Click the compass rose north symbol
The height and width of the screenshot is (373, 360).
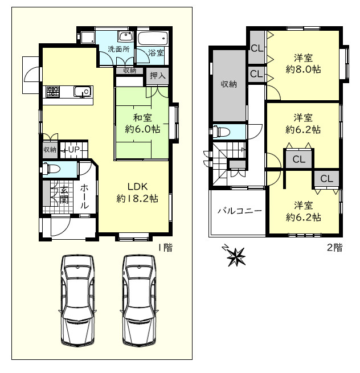coord(235,256)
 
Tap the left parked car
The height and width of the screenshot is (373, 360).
coord(77,301)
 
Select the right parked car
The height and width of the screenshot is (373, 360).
coord(139,301)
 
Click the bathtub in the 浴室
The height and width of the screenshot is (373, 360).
coord(153,38)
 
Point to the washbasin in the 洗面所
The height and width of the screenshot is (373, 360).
coord(125,36)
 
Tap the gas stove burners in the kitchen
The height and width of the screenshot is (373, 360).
coord(53,92)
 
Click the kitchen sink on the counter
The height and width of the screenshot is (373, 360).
coord(83,92)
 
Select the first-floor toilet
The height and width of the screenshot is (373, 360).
coord(51,169)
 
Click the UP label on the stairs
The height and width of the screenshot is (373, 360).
coord(73,150)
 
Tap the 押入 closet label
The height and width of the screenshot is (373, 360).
coord(158,76)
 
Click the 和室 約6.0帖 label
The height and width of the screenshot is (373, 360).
coord(142,124)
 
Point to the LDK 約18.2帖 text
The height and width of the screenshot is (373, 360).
coord(137,192)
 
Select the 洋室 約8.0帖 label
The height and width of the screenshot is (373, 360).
coord(303,64)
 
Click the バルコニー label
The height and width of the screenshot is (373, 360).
coord(240,211)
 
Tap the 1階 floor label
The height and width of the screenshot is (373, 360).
coord(166,248)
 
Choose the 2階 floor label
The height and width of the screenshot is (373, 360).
coord(334,248)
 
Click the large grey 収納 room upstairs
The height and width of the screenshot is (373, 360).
coord(229,85)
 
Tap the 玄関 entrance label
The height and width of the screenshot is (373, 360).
coord(64,195)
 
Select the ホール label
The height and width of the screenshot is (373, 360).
coord(84,196)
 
